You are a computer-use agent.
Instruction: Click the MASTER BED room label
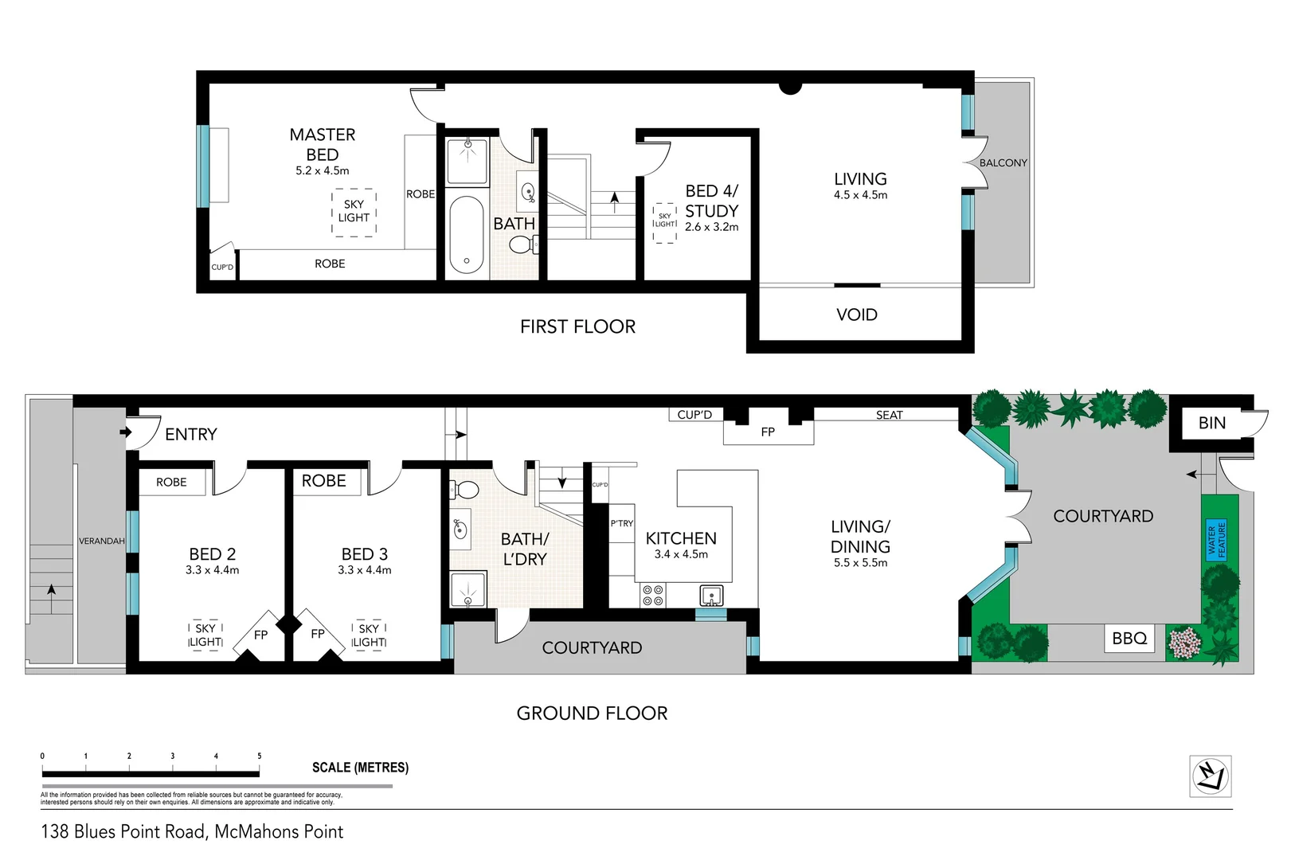323,144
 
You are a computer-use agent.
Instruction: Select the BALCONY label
1003,162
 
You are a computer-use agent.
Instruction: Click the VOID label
857,315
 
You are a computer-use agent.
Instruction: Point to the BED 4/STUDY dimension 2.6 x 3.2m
711,227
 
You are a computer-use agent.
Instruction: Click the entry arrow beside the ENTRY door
125,432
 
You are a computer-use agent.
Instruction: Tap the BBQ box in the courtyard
1129,638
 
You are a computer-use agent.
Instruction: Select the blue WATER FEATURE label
1216,540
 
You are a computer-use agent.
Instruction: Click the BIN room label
1211,423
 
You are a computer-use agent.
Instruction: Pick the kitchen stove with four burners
653,595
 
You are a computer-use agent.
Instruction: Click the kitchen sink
711,595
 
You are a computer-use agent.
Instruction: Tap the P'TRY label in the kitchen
621,523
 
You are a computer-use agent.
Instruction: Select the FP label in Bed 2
260,635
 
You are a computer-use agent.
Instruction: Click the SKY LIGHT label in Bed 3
369,635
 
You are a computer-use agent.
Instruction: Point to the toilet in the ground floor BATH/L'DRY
466,489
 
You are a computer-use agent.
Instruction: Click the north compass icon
1211,776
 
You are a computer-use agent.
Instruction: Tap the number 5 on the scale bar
259,756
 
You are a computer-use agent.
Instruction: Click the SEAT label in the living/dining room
889,415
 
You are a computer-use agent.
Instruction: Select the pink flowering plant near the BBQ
1185,642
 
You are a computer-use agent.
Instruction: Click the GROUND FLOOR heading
592,713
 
